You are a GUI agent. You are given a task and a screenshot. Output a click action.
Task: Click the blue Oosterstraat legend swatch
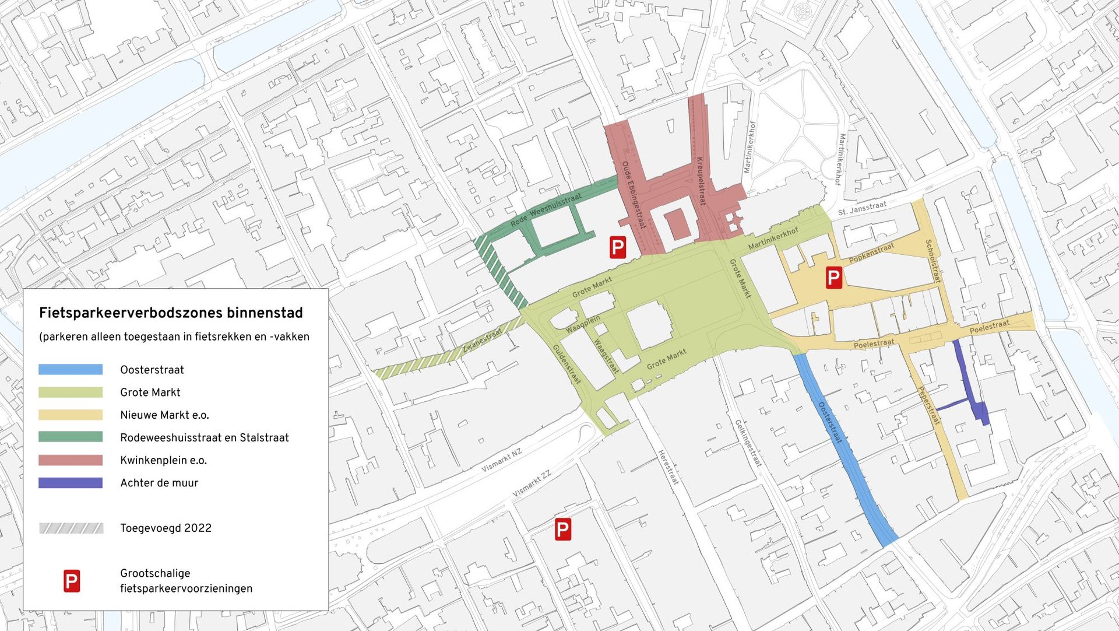(71, 369)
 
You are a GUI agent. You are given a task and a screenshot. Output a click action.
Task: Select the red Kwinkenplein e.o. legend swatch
(71, 460)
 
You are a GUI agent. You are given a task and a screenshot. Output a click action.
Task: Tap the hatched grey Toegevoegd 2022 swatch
(71, 528)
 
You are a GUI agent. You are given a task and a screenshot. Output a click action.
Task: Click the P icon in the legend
(72, 581)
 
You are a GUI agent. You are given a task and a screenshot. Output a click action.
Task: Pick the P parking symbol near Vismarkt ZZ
(562, 530)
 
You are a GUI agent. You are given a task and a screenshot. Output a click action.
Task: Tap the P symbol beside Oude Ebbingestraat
(617, 247)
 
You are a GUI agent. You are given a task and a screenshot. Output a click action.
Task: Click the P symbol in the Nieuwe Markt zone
(833, 278)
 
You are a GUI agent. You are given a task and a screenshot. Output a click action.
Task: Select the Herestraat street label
(668, 467)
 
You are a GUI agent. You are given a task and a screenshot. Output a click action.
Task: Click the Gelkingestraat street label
(748, 443)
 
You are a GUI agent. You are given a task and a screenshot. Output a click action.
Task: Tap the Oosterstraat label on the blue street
(831, 422)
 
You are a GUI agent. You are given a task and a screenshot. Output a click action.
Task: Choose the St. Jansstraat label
(862, 208)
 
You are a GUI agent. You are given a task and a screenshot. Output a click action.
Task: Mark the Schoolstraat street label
(933, 261)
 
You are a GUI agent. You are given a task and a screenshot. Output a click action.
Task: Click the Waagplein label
(582, 324)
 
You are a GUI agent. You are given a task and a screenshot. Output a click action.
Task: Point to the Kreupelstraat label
(701, 181)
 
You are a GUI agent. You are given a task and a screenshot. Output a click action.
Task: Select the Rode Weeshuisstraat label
(546, 210)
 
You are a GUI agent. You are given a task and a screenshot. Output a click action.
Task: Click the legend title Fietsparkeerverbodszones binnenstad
(171, 313)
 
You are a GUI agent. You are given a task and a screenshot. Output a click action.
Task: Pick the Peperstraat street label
(929, 405)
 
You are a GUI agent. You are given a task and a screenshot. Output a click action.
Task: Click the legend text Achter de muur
(159, 483)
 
